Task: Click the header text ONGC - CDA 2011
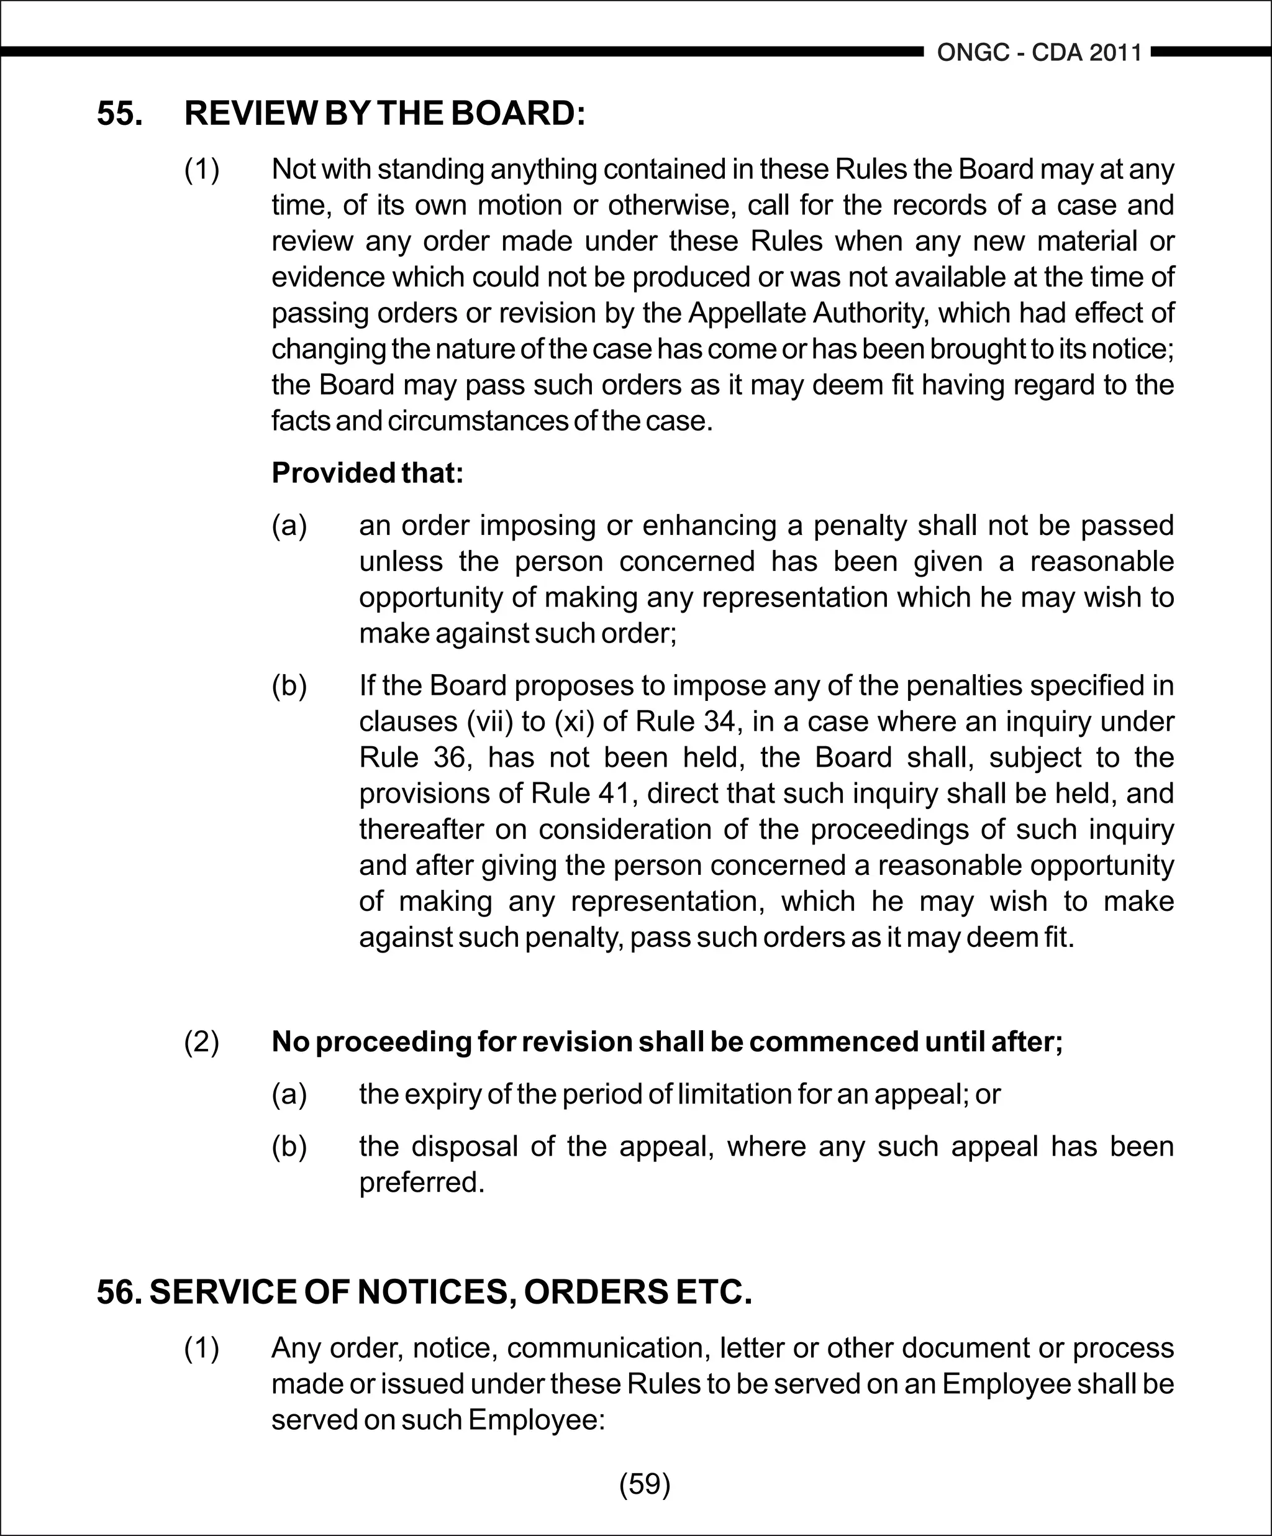[x=1039, y=53]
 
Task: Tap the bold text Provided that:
[x=368, y=473]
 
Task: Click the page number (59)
[x=645, y=1484]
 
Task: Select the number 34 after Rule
[x=720, y=722]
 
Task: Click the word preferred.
[x=421, y=1182]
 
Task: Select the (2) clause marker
[x=202, y=1041]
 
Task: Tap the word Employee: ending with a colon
[x=537, y=1420]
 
